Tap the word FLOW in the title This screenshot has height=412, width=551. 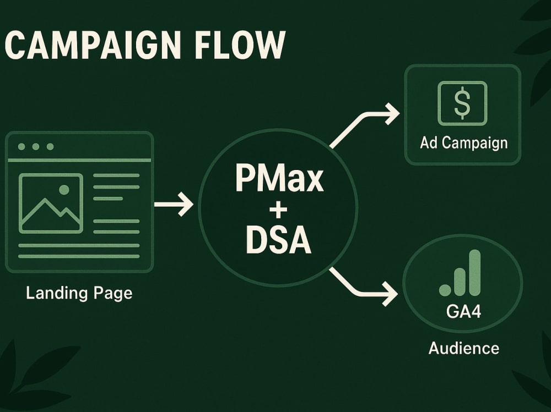240,45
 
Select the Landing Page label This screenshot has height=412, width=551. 79,293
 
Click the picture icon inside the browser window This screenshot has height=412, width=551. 51,203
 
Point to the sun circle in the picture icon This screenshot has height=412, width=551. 64,190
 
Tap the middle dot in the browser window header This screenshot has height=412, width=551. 35,146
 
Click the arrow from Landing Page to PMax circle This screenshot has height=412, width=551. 174,204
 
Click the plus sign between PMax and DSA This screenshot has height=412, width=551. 278,210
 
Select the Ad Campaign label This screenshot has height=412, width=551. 464,143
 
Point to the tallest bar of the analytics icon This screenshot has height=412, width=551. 475,272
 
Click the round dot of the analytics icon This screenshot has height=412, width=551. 445,290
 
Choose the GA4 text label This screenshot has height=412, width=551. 463,311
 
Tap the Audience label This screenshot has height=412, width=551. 464,349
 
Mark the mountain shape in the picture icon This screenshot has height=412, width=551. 51,215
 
